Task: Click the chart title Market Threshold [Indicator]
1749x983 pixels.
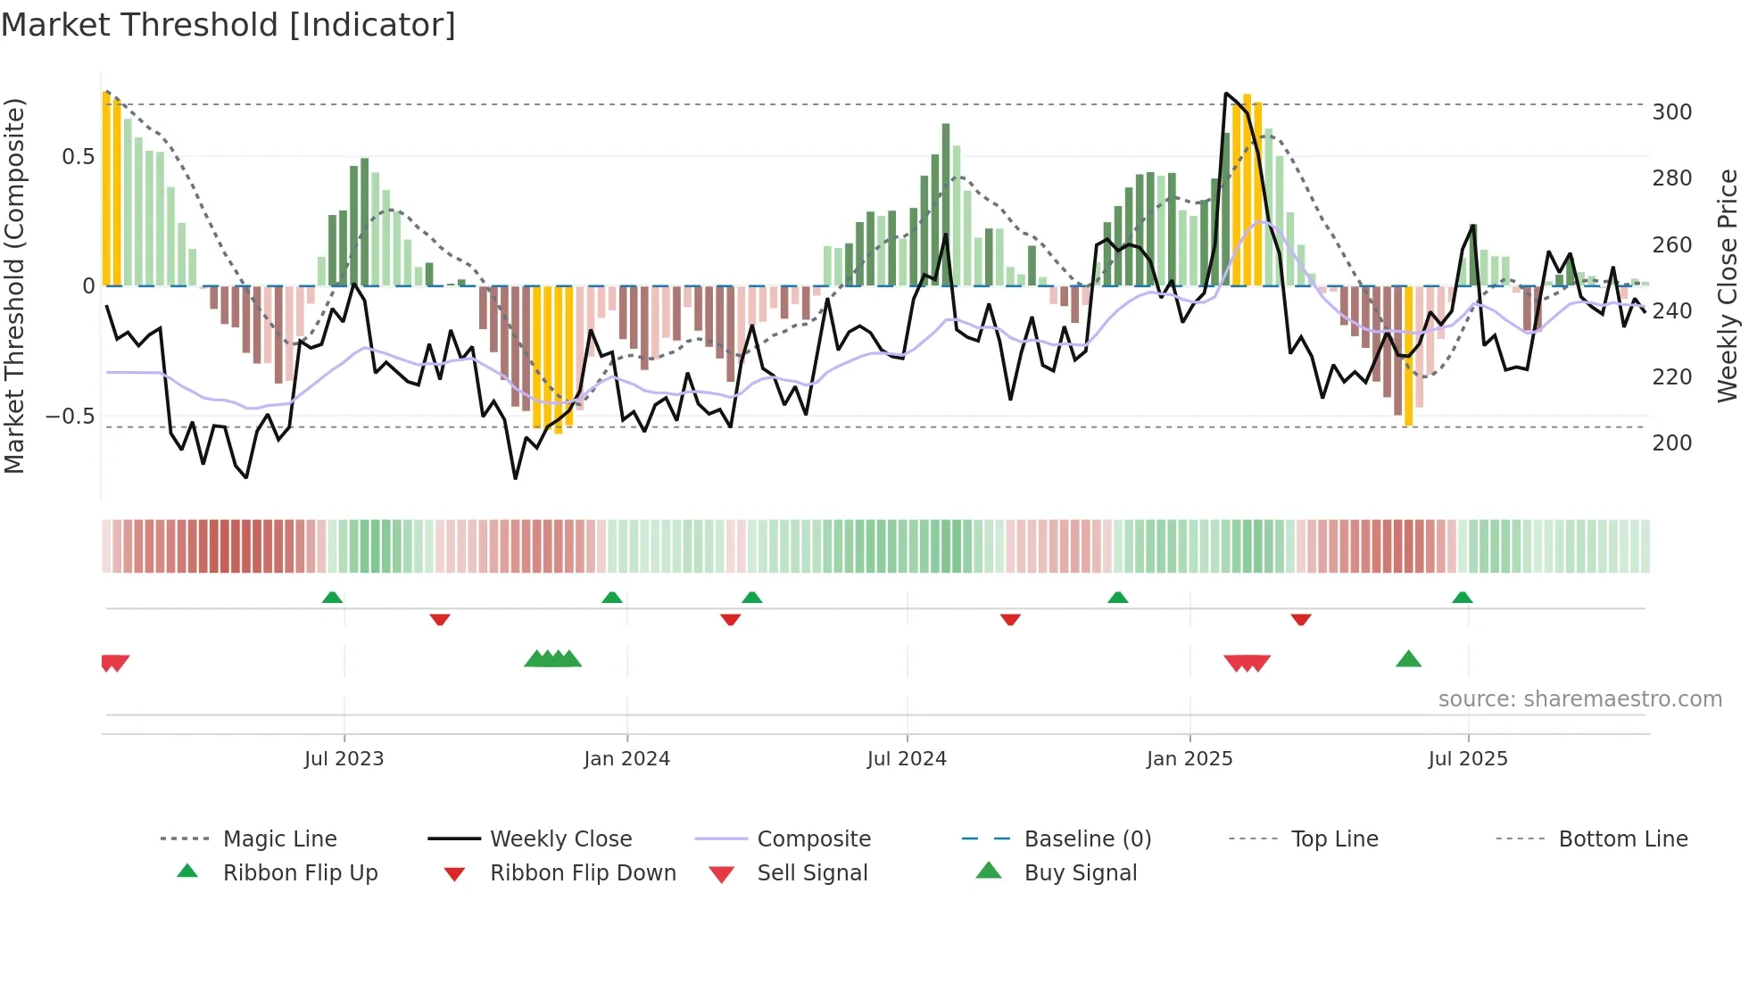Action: click(x=228, y=25)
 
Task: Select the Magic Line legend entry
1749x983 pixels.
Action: click(x=279, y=839)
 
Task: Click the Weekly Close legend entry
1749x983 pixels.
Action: click(x=560, y=839)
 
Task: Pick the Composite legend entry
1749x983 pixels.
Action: click(x=813, y=839)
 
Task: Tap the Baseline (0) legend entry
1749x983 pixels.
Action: click(x=1087, y=839)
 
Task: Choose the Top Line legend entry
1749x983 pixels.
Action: click(x=1334, y=839)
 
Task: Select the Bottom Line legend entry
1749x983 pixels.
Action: click(x=1622, y=839)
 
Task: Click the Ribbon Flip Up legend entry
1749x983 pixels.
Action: click(x=300, y=873)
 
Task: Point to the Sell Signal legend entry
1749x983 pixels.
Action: click(x=811, y=873)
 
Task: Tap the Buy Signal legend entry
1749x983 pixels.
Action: click(x=1080, y=873)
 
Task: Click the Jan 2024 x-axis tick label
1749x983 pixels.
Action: click(x=626, y=759)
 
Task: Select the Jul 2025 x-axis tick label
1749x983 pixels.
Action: click(x=1468, y=759)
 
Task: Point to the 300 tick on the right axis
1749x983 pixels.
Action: click(x=1671, y=112)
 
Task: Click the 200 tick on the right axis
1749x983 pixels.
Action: click(x=1671, y=443)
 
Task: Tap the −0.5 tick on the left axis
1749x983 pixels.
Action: click(x=70, y=417)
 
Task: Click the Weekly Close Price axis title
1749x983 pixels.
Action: click(x=1728, y=285)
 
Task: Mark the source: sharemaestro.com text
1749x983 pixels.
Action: click(x=1579, y=699)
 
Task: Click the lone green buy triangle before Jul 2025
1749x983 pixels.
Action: click(x=1408, y=659)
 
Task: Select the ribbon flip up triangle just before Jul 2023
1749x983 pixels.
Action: click(x=332, y=597)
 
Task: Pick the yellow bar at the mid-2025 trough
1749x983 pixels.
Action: click(x=1408, y=357)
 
